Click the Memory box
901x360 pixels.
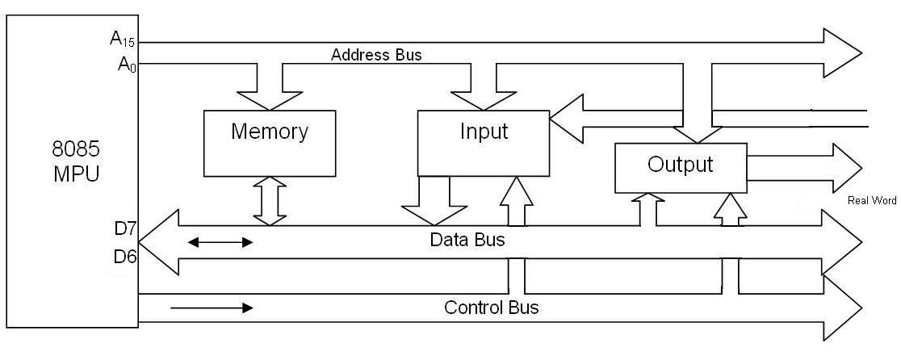[269, 143]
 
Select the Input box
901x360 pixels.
[483, 143]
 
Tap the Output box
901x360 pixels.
[681, 167]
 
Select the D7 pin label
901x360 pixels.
[125, 228]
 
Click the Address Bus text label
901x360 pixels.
[376, 56]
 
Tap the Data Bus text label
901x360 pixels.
[467, 240]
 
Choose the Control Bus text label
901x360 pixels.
[491, 308]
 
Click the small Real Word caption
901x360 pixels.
[872, 200]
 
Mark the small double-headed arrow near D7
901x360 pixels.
[220, 242]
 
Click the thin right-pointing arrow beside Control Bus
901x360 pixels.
[212, 308]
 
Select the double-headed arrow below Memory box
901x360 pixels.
[270, 201]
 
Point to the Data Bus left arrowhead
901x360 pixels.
[157, 241]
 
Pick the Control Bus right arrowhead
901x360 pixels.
[841, 308]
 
